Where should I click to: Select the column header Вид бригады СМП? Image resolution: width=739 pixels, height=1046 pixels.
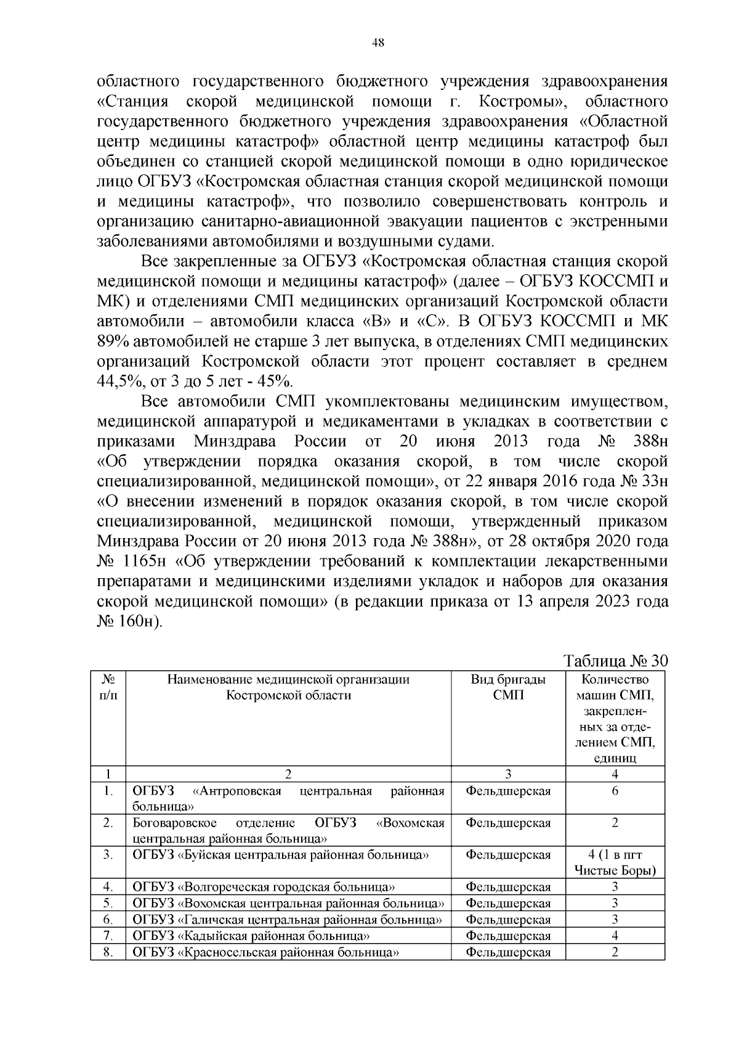[x=508, y=687]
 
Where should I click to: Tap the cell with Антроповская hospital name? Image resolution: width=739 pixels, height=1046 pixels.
[x=288, y=798]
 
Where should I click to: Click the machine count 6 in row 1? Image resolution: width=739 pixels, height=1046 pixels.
[x=615, y=791]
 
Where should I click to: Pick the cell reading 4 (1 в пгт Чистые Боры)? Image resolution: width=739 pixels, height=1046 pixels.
[x=615, y=862]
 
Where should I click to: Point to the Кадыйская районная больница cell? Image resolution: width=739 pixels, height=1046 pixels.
[x=251, y=936]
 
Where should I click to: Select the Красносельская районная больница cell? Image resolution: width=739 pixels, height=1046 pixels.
[x=264, y=952]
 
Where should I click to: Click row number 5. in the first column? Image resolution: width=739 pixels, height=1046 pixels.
[x=108, y=904]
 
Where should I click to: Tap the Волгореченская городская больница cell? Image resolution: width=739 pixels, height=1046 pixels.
[x=264, y=887]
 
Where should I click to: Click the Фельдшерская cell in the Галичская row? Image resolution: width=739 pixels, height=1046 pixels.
[x=508, y=920]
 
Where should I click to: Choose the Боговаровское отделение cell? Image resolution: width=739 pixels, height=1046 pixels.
[x=288, y=830]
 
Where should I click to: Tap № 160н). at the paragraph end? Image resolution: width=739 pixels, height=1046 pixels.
[x=130, y=621]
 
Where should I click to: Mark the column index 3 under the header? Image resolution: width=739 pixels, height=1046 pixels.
[x=508, y=774]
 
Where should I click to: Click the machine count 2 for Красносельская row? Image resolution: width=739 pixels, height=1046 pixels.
[x=615, y=952]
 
